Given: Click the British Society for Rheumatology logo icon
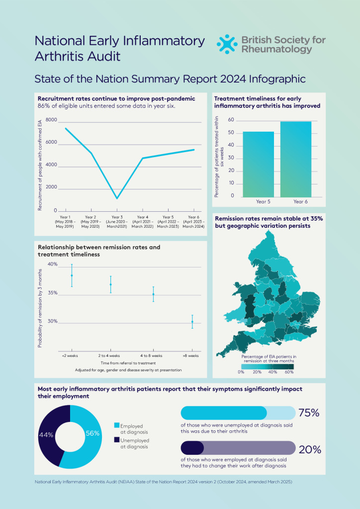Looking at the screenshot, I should click(x=227, y=44).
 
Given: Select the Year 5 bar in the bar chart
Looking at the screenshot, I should click(x=258, y=164).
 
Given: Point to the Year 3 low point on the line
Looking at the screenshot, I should click(x=117, y=198).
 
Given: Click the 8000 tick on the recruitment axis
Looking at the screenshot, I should click(x=51, y=120).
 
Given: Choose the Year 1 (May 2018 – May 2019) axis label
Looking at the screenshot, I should click(x=65, y=222).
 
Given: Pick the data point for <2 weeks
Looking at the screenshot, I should click(x=72, y=275).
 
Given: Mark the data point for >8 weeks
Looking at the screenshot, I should click(x=192, y=322).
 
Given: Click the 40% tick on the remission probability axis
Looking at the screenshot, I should click(x=52, y=264).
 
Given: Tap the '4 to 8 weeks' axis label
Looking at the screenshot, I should click(x=151, y=356).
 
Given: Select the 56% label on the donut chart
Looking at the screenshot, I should click(x=92, y=433).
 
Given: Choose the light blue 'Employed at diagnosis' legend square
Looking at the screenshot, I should click(x=117, y=425).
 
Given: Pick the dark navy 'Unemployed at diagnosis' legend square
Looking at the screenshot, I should click(x=117, y=440).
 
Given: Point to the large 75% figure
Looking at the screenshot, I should click(x=309, y=413).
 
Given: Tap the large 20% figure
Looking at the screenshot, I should click(x=309, y=449).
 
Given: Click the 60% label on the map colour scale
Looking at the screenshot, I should click(x=289, y=372).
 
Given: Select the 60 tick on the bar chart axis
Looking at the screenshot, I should click(x=231, y=120).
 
